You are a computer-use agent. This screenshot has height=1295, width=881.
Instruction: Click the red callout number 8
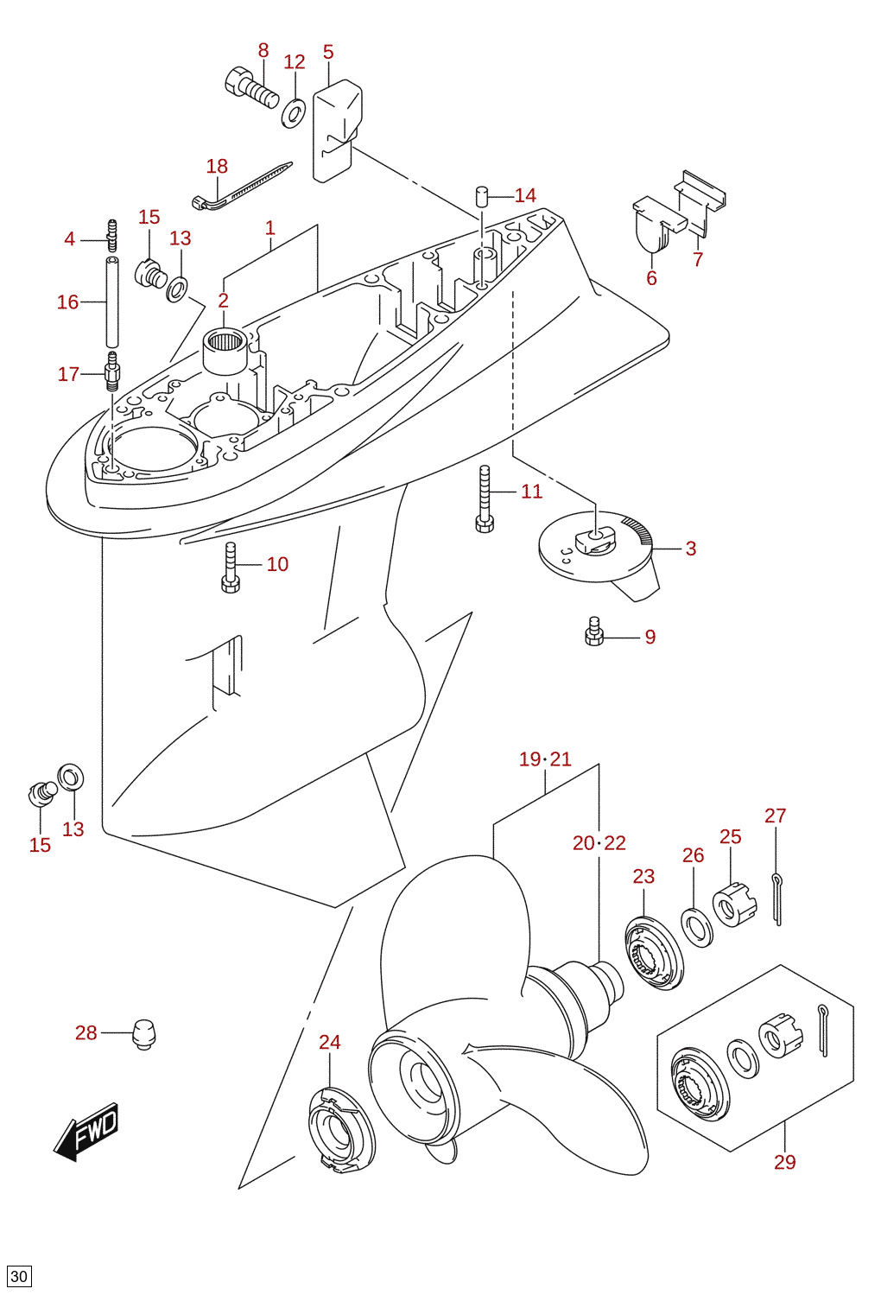[263, 51]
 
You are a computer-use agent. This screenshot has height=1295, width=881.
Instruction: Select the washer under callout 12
[294, 113]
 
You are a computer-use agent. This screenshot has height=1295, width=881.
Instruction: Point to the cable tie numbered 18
[242, 185]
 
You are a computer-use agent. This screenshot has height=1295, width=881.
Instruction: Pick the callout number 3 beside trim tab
[691, 549]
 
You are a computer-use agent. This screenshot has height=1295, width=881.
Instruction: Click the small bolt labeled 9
[593, 632]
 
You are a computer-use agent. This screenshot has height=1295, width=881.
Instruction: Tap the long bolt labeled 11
[485, 499]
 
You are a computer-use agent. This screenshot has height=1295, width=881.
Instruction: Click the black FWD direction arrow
[86, 1133]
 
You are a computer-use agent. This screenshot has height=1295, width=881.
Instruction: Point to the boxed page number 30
[19, 1276]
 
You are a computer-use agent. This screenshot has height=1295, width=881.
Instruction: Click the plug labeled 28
[144, 1035]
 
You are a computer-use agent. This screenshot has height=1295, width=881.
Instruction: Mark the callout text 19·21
[545, 759]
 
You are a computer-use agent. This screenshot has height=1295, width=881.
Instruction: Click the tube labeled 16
[112, 302]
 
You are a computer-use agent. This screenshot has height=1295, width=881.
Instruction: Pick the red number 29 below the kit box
[785, 1161]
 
